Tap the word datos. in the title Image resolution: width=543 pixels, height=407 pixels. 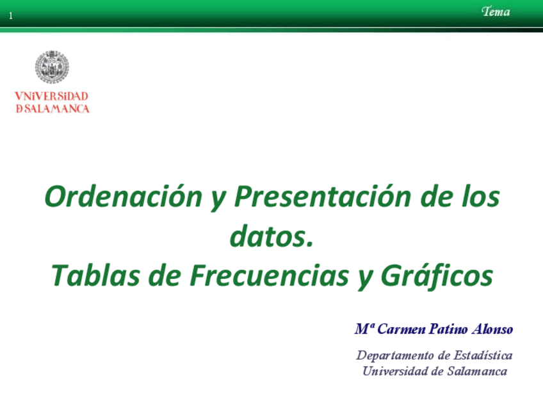pos(271,237)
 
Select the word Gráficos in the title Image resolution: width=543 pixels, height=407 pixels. pos(438,276)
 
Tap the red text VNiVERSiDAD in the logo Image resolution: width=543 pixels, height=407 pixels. pos(52,96)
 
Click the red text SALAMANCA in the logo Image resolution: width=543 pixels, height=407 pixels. pos(56,109)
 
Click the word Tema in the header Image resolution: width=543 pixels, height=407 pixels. pos(496,12)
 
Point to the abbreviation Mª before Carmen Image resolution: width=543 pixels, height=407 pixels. pos(364,330)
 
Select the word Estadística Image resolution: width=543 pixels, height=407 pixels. pos(482,355)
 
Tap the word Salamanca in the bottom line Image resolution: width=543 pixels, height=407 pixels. pos(477,371)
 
